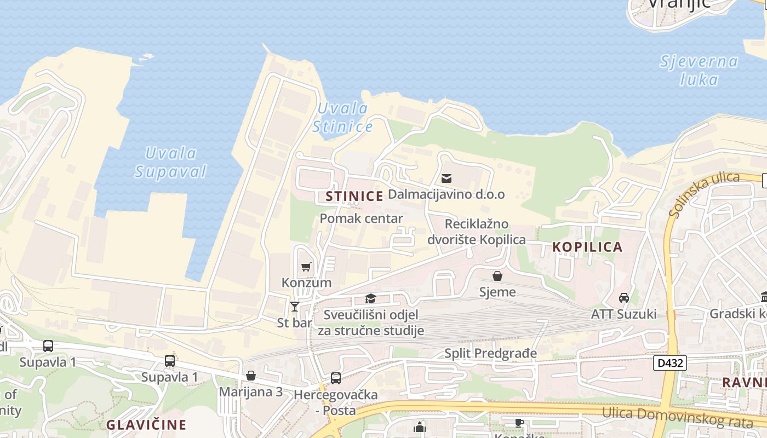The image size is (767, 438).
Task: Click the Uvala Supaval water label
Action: click(171, 163)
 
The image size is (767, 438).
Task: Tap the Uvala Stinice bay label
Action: click(342, 118)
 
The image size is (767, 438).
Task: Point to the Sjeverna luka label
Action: click(699, 71)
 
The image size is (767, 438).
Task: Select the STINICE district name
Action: click(354, 196)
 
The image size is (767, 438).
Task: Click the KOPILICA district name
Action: click(587, 247)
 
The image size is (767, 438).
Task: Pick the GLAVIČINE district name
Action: click(146, 424)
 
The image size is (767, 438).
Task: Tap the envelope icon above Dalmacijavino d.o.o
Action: click(447, 178)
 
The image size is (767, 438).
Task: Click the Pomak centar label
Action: click(361, 218)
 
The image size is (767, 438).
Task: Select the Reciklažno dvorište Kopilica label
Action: click(476, 232)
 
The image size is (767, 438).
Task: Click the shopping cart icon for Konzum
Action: click(306, 267)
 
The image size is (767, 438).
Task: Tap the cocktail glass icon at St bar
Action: click(295, 306)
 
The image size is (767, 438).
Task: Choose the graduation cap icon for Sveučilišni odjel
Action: click(371, 298)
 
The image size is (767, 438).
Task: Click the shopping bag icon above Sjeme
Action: click(497, 276)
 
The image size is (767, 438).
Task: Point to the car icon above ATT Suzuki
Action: click(623, 298)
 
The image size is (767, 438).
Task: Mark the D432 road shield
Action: click(669, 362)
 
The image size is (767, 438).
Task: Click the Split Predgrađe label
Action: click(490, 353)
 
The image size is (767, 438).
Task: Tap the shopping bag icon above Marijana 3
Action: click(251, 376)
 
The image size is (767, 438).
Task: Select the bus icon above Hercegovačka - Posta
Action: click(335, 378)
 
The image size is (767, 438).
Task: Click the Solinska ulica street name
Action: click(705, 194)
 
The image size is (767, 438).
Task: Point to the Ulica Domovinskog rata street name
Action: click(677, 418)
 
